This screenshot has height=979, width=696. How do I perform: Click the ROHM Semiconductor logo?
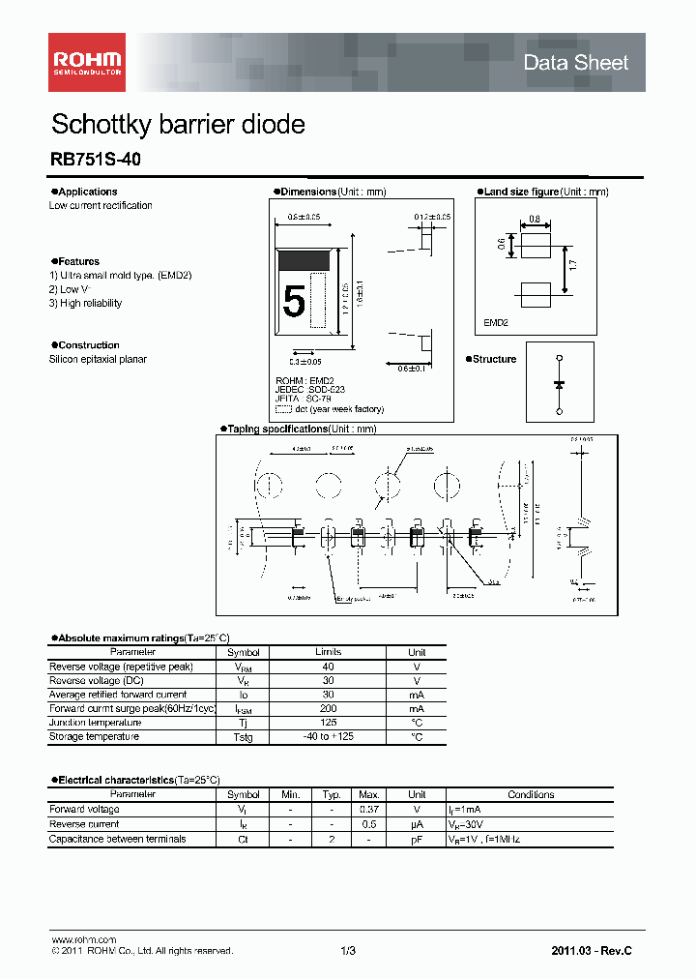tap(86, 62)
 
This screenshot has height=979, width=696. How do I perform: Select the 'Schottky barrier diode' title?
tap(177, 125)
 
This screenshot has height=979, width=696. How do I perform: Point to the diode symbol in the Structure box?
tap(559, 384)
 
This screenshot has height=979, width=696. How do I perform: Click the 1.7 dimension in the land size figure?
tap(573, 263)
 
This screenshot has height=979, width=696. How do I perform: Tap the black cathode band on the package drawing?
tap(305, 259)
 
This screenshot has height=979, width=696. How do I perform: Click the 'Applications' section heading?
tap(87, 192)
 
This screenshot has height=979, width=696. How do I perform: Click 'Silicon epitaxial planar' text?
tap(98, 359)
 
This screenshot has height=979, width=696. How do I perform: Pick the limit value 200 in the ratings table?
tap(328, 708)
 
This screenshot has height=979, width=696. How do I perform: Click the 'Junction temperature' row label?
tap(95, 723)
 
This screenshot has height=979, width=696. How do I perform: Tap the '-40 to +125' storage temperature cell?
tap(328, 736)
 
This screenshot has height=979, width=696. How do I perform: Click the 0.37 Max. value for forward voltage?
tap(368, 809)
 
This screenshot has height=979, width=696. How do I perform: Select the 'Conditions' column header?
tap(531, 794)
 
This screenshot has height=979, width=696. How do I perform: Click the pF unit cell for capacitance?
tap(417, 839)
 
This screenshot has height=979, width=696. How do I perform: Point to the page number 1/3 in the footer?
tap(348, 951)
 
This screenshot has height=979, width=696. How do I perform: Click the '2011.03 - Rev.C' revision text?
tap(591, 951)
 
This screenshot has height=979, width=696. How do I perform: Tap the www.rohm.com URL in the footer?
tap(83, 939)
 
